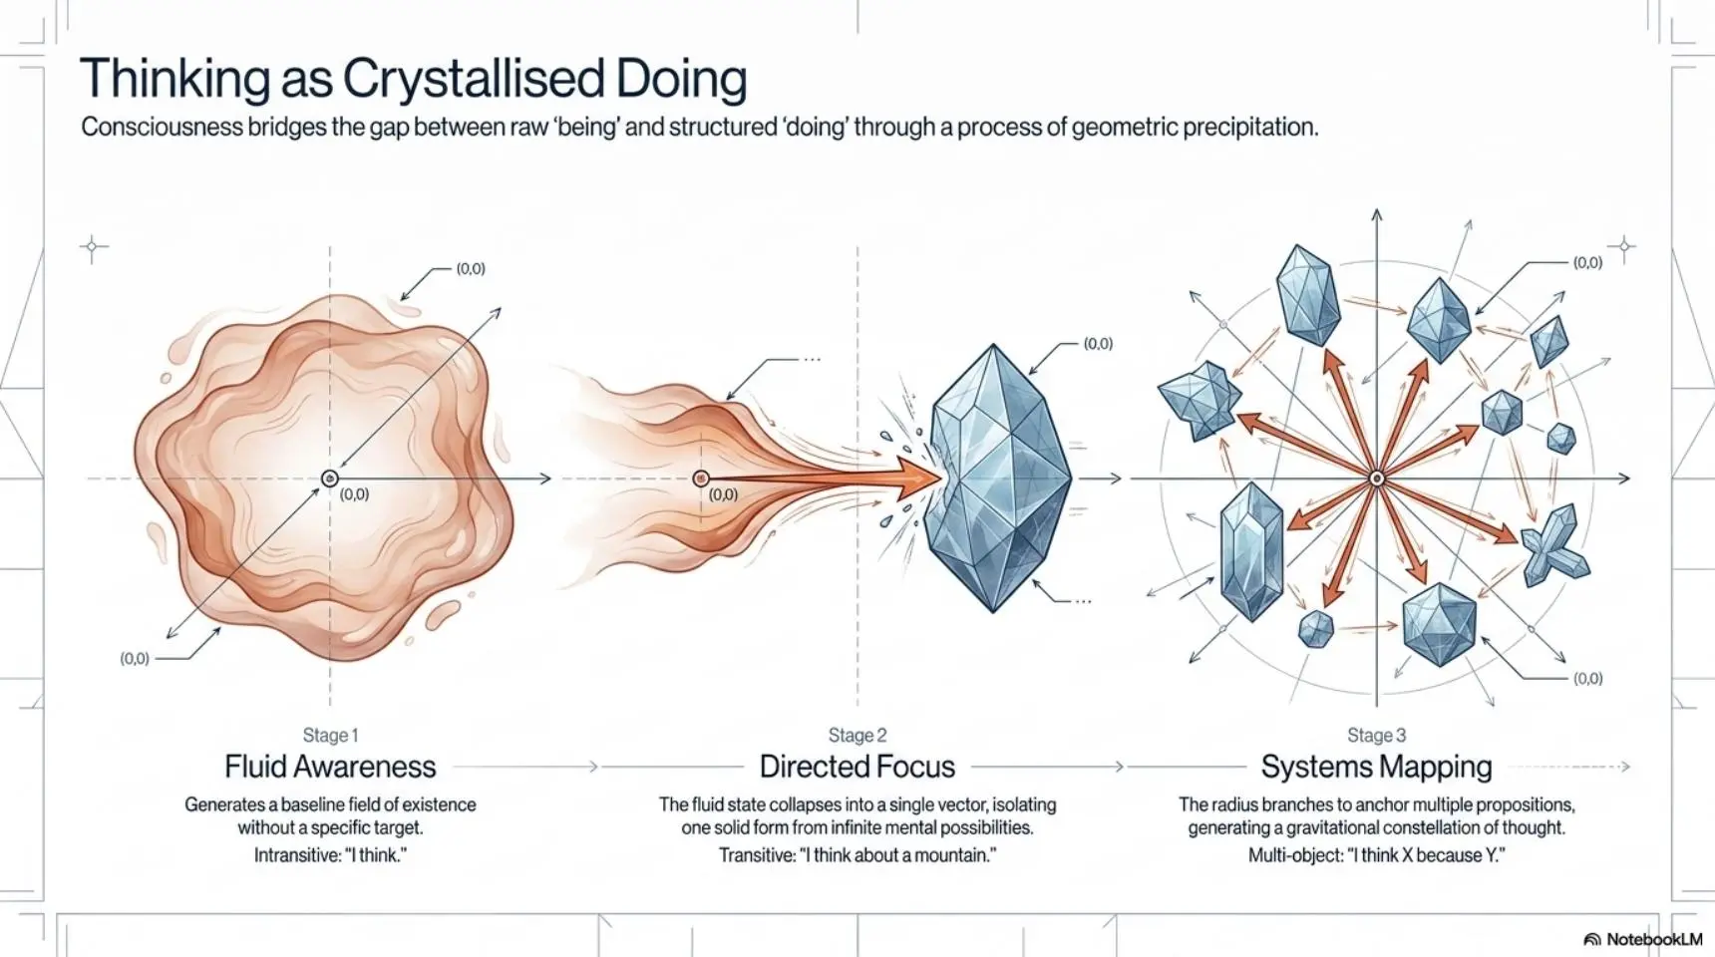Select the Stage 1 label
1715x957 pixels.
click(330, 736)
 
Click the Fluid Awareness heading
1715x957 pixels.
click(330, 767)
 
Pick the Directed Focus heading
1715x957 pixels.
click(857, 767)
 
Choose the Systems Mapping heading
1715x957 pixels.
click(1376, 767)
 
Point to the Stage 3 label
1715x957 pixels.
click(1376, 736)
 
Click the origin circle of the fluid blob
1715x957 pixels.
click(330, 479)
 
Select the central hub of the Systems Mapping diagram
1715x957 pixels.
click(1377, 479)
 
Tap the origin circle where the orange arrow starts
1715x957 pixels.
click(701, 479)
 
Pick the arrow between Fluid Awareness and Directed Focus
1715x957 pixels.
click(525, 767)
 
